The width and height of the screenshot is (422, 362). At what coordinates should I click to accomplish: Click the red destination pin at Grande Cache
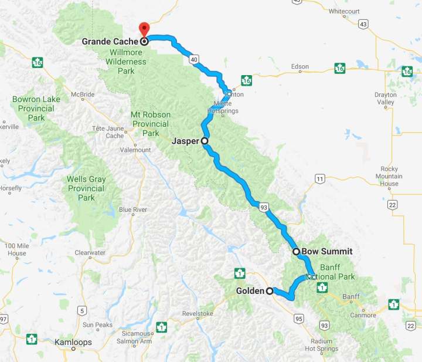tap(144, 29)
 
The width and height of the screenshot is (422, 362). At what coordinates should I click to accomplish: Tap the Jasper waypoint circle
tap(205, 141)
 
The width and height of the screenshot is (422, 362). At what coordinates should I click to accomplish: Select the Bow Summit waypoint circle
tap(297, 252)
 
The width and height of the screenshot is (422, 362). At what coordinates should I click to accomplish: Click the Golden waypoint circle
tap(270, 290)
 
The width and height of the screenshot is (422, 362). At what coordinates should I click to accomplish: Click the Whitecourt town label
tap(344, 11)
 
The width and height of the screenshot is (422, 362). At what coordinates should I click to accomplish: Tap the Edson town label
tap(300, 67)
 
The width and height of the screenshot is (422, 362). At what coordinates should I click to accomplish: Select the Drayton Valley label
tap(385, 99)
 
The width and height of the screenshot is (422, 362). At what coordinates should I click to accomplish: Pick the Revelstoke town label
tap(198, 314)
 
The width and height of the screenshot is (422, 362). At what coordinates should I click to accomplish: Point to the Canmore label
tap(363, 315)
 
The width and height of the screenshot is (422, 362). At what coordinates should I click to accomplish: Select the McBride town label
tap(83, 94)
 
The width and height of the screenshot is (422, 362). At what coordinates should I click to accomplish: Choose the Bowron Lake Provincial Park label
tap(36, 109)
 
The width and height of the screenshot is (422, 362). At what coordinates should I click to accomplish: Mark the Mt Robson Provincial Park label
tap(151, 123)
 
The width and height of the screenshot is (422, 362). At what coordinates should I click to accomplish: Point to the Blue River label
tap(133, 209)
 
